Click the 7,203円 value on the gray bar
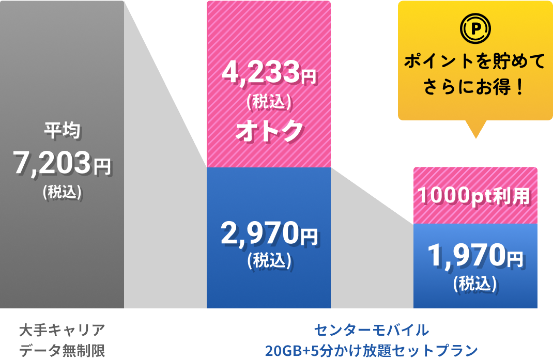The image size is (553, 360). click(x=62, y=164)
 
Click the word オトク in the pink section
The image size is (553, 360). click(x=269, y=130)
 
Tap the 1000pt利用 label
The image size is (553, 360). click(x=474, y=196)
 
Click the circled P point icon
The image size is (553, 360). click(x=475, y=30)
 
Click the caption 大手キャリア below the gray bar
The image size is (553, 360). click(x=62, y=330)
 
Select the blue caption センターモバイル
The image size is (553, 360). click(x=372, y=330)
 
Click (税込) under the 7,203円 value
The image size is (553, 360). click(x=62, y=192)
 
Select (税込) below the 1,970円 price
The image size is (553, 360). click(x=475, y=283)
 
